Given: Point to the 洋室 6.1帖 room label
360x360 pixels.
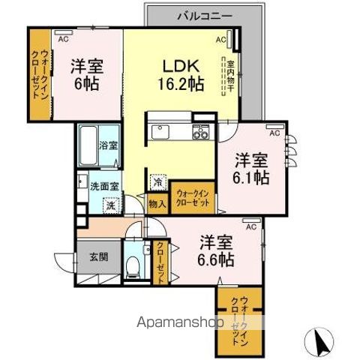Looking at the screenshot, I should (250, 168).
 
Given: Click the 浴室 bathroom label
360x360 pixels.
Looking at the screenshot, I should (109, 145).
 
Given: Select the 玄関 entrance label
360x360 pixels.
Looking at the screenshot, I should (97, 256).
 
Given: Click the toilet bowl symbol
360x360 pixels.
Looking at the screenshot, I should (133, 264).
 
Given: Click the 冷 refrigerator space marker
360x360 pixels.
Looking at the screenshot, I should (157, 181).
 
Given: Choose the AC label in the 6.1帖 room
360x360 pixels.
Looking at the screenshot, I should (273, 132).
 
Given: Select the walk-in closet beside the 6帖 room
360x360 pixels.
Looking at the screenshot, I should (36, 74).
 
